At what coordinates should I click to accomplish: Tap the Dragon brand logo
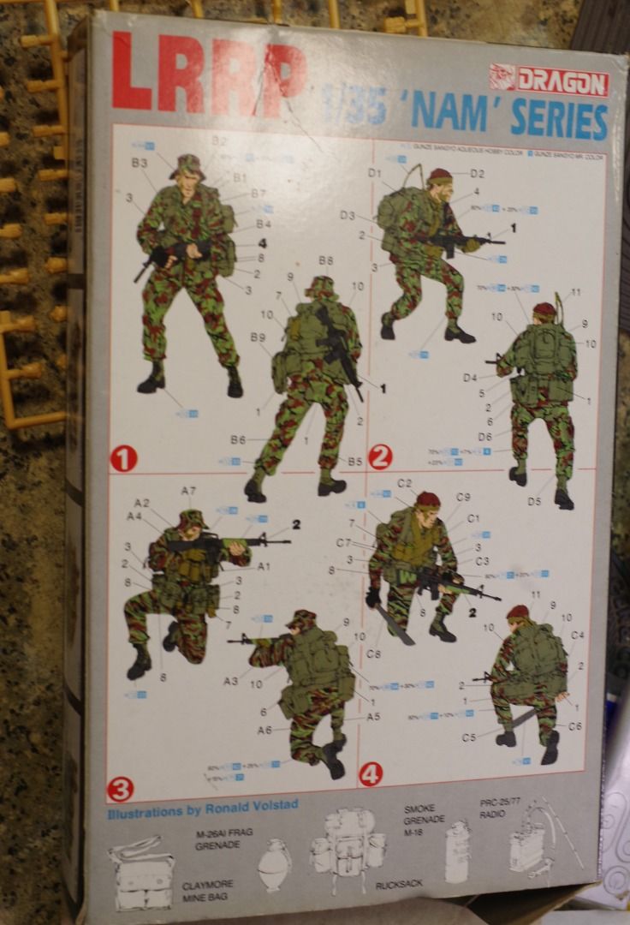(549, 81)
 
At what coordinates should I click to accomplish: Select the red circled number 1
(123, 460)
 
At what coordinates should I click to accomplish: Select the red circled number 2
(380, 457)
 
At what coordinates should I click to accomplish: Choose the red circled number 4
(371, 774)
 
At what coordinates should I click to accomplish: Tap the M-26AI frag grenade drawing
(276, 865)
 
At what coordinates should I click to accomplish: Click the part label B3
(140, 162)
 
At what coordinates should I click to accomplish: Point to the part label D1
(374, 173)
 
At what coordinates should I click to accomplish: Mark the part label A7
(188, 491)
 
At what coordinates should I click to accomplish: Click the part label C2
(405, 483)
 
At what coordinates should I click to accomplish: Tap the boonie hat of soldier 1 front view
(187, 165)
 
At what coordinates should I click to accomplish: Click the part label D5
(535, 501)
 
